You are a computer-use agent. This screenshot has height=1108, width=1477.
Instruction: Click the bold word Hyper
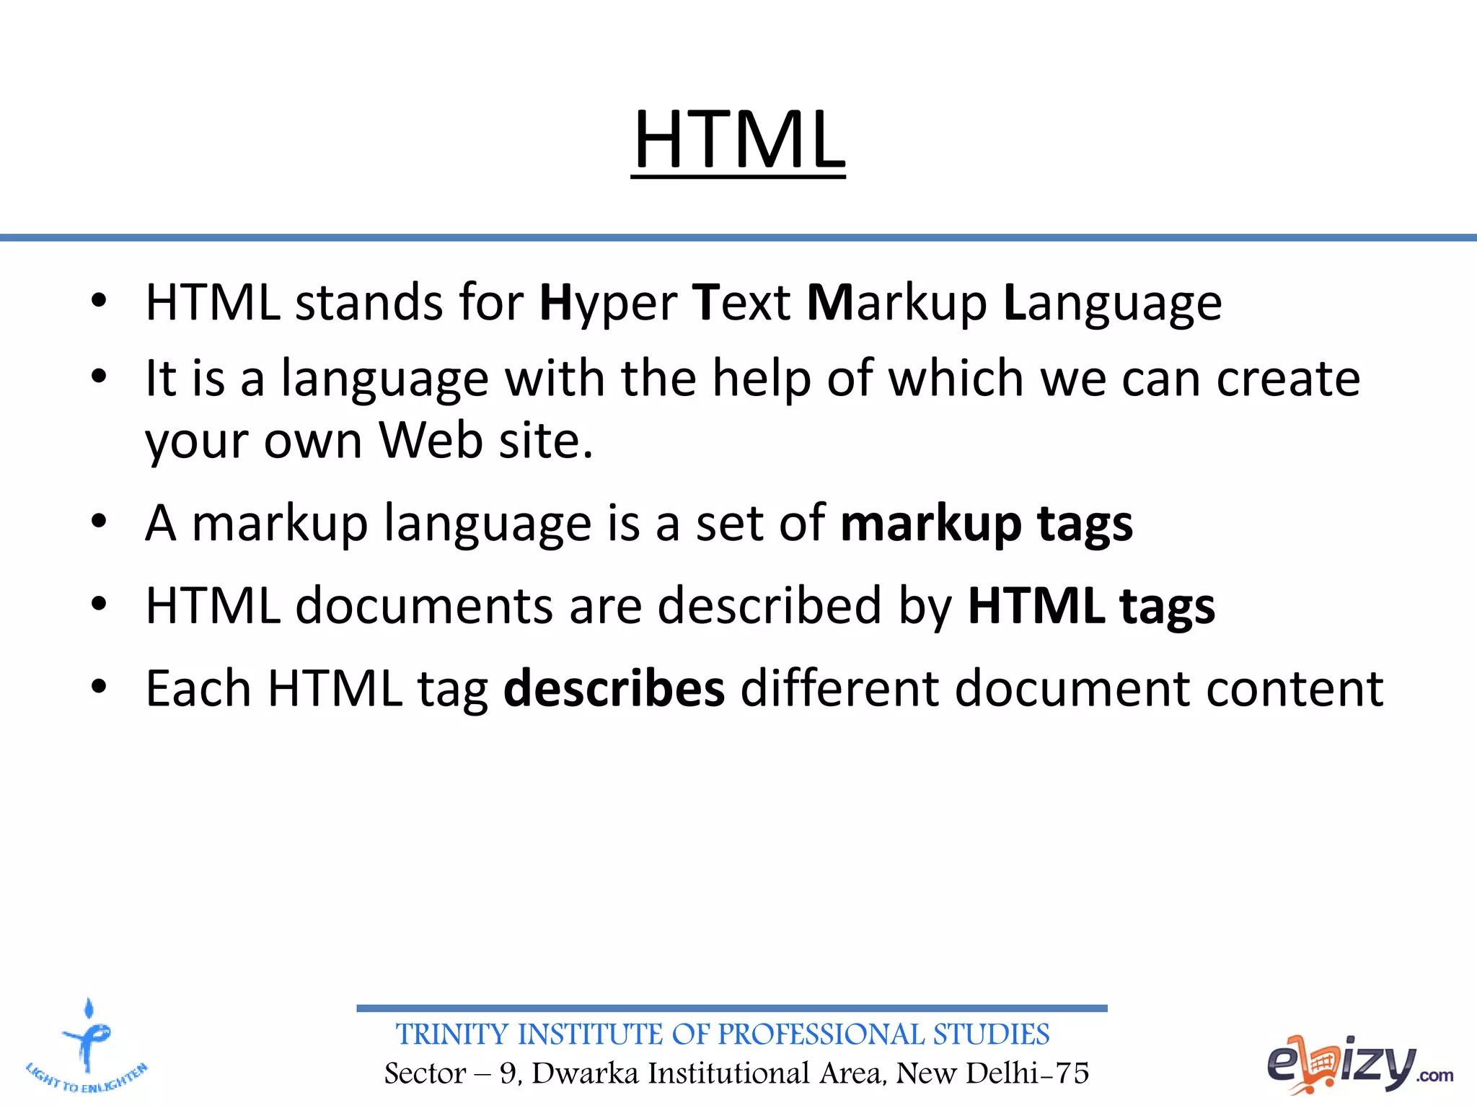pyautogui.click(x=608, y=303)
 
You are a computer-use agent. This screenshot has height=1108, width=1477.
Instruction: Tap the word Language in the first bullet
pyautogui.click(x=1113, y=303)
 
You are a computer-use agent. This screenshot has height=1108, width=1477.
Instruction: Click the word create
pyautogui.click(x=1288, y=378)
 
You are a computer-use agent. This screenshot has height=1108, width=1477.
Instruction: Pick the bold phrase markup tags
pyautogui.click(x=986, y=523)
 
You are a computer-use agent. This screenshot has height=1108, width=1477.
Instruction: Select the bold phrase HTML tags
pyautogui.click(x=1090, y=605)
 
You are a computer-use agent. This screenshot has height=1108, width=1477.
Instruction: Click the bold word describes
pyautogui.click(x=614, y=688)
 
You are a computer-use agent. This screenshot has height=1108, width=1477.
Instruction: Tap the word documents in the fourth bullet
pyautogui.click(x=424, y=605)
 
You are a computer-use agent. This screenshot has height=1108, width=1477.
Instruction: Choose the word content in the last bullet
pyautogui.click(x=1295, y=688)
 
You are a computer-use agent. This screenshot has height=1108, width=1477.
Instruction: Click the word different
pyautogui.click(x=839, y=688)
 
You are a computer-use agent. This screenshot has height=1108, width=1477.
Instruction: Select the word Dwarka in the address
pyautogui.click(x=585, y=1073)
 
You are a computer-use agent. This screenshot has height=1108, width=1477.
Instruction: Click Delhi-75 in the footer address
pyautogui.click(x=1027, y=1073)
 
